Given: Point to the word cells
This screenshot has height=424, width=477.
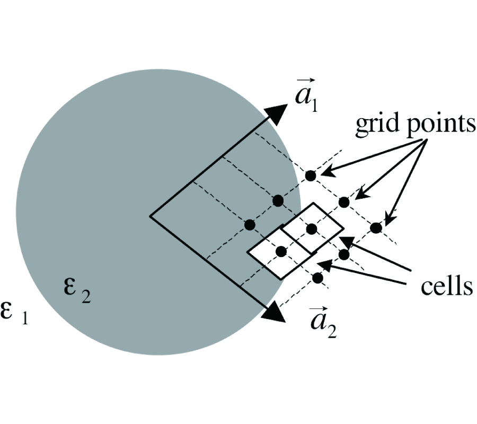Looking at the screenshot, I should click(446, 286).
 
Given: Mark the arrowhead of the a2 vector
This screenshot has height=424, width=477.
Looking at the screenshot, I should click(275, 313).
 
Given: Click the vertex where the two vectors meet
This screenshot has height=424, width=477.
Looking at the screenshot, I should click(151, 216).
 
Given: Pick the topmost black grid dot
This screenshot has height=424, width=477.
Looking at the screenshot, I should click(311, 175).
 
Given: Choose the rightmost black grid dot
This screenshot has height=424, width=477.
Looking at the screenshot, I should click(376, 228).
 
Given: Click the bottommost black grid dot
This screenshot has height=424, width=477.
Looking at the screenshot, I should click(317, 278).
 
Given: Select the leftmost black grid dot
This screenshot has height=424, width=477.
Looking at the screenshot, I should click(250, 225).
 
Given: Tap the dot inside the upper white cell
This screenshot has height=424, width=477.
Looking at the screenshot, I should click(311, 228).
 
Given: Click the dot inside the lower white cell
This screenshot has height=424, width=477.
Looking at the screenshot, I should click(281, 251).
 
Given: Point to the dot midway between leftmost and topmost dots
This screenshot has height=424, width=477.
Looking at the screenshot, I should click(277, 200).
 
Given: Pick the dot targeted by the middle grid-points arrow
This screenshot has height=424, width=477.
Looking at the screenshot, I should click(344, 202).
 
